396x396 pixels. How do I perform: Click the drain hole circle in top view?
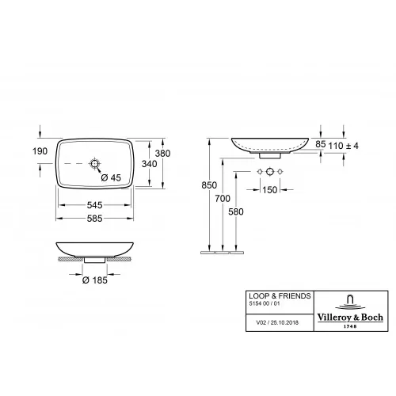[96, 164]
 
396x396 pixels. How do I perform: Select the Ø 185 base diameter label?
[96, 281]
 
